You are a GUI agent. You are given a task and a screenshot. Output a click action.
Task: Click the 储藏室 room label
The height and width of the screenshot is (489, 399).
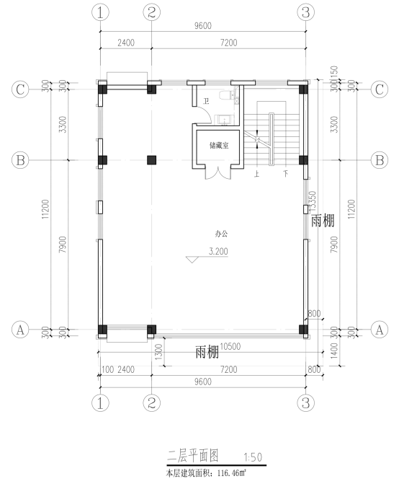[x=219, y=145]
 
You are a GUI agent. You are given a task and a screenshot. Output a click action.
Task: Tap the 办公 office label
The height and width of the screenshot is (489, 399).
[x=221, y=234]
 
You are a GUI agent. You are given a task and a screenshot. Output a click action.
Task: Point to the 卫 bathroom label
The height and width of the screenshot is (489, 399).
[x=206, y=101]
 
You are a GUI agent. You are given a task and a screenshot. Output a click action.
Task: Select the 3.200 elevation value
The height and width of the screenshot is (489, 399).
[x=218, y=251]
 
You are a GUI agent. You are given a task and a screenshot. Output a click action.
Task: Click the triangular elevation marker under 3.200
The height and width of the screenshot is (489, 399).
[x=192, y=260]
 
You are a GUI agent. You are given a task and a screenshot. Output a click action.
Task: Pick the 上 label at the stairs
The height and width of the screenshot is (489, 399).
[x=257, y=174]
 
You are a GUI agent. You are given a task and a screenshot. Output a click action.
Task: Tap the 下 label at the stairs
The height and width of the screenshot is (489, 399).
[x=286, y=174]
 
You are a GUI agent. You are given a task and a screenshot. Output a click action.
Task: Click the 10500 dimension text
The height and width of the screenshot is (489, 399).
[x=230, y=346]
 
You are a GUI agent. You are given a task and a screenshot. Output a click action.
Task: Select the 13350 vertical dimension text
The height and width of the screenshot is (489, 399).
[x=313, y=203]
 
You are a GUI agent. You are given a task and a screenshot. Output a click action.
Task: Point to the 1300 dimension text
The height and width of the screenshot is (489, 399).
[x=159, y=352]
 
